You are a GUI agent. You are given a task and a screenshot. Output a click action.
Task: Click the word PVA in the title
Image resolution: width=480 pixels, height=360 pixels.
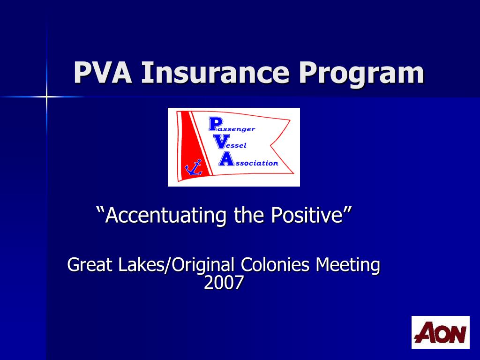tap(103, 73)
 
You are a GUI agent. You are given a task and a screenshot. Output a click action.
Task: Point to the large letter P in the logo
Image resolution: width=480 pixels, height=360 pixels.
tap(214, 125)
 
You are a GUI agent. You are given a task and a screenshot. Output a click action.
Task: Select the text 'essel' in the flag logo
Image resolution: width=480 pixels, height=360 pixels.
tap(237, 146)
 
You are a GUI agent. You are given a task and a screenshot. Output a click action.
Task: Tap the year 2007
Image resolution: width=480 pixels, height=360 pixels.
tap(224, 283)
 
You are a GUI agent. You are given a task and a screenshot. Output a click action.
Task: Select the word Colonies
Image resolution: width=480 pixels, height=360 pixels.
tap(275, 265)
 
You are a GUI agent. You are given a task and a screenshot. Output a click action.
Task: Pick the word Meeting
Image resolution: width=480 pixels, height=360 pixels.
tap(347, 266)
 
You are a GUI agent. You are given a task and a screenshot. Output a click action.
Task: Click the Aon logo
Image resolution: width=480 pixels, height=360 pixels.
tap(440, 332)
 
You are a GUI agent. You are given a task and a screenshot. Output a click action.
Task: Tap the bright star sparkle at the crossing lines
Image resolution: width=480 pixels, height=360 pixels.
tap(46, 97)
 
